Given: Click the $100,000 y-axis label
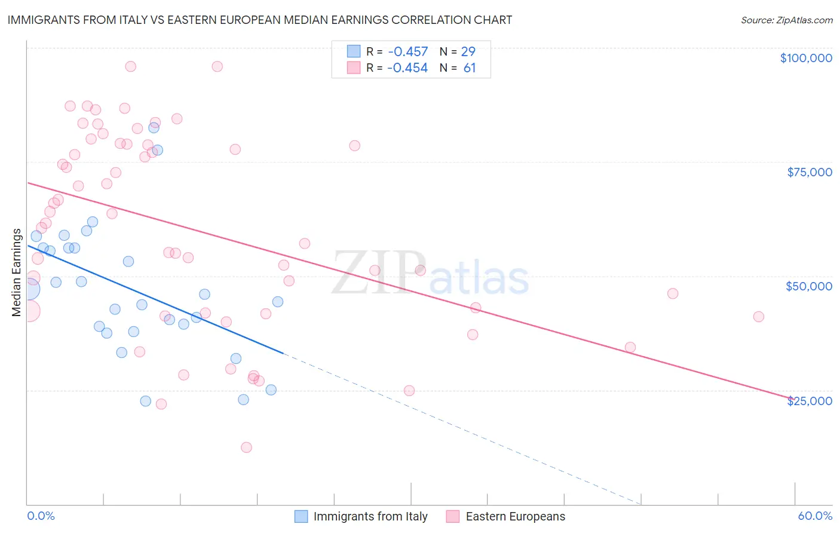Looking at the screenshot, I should click(x=806, y=58).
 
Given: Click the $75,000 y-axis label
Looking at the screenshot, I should click(x=810, y=172).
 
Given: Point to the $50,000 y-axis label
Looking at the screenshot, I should click(x=809, y=286).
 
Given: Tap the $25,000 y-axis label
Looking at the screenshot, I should click(x=810, y=401).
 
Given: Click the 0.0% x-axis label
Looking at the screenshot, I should click(x=41, y=516).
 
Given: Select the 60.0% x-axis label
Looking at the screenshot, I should click(x=815, y=516).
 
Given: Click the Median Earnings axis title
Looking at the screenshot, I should click(x=16, y=272).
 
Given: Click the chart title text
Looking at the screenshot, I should click(x=259, y=20).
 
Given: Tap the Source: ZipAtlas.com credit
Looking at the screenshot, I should click(x=786, y=20).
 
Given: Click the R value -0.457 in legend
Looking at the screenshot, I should click(x=407, y=51).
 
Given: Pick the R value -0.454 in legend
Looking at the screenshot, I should click(x=407, y=68).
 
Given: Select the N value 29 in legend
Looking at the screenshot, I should click(x=468, y=51).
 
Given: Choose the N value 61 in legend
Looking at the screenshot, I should click(x=470, y=68).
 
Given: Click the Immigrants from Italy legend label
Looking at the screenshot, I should click(x=370, y=516).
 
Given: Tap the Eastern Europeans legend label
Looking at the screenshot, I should click(x=515, y=516).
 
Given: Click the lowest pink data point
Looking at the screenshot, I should click(x=246, y=448).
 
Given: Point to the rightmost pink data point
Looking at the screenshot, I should click(x=759, y=317).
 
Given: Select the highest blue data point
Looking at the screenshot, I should click(x=154, y=127).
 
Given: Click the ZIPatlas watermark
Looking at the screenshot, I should click(x=430, y=274).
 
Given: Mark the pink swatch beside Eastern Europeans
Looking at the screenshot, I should click(x=453, y=516).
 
